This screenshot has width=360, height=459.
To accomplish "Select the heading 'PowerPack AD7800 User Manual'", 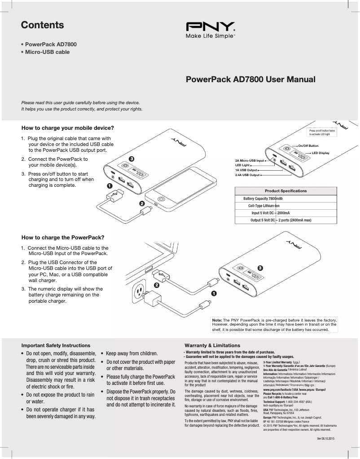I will (250, 80).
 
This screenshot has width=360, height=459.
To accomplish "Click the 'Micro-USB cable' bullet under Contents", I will (47, 52).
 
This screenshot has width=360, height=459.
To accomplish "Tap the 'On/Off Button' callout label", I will (308, 146).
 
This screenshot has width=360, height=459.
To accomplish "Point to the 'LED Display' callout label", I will (320, 153).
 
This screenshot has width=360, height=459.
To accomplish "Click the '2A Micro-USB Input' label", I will (249, 160).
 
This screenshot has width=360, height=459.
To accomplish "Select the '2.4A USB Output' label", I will (247, 175).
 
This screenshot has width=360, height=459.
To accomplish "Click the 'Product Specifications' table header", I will (285, 191).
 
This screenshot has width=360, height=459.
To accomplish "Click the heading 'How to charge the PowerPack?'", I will (63, 238).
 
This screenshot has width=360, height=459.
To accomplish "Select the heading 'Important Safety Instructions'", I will (56, 345).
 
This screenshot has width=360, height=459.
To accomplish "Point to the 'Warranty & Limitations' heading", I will (212, 345).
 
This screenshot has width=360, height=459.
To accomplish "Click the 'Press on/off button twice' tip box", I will (323, 132).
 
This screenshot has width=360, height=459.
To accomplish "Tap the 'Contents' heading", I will (43, 25).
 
